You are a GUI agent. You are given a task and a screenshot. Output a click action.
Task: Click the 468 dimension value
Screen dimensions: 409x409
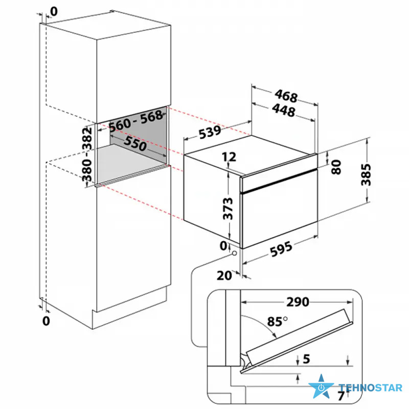286,96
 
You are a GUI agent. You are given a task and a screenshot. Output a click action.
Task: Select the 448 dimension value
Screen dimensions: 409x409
284,110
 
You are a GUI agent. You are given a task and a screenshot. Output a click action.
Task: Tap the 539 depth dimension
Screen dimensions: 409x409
210,132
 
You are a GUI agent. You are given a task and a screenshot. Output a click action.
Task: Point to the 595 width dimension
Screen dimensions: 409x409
281,249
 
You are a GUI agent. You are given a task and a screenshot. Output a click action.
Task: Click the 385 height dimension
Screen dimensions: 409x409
366,174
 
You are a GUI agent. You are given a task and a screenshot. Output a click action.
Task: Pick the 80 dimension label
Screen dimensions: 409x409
336,167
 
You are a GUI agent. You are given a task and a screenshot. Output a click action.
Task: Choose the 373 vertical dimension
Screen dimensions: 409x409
228,209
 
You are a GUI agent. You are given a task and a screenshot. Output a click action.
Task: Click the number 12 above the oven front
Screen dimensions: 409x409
229,157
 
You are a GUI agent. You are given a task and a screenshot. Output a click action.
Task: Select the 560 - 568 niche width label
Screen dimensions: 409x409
136,121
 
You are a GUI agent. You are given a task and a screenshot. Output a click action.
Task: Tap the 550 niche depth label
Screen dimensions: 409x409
135,144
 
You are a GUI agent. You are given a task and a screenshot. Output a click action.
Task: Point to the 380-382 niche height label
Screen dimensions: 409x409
87,154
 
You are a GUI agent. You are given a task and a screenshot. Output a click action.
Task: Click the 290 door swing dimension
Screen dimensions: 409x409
298,302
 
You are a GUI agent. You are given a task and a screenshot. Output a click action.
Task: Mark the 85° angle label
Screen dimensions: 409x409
277,322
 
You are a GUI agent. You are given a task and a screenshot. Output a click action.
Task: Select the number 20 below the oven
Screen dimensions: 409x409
224,276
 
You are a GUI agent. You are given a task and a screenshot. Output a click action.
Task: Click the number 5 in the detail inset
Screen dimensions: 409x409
306,359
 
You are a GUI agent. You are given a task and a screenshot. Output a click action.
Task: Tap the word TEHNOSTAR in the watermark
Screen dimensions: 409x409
370,388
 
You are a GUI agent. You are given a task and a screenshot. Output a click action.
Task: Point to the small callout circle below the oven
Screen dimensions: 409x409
234,253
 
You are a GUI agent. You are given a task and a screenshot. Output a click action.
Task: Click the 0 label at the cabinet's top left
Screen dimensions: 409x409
54,11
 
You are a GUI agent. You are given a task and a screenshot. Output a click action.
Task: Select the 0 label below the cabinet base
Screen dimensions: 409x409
46,321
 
